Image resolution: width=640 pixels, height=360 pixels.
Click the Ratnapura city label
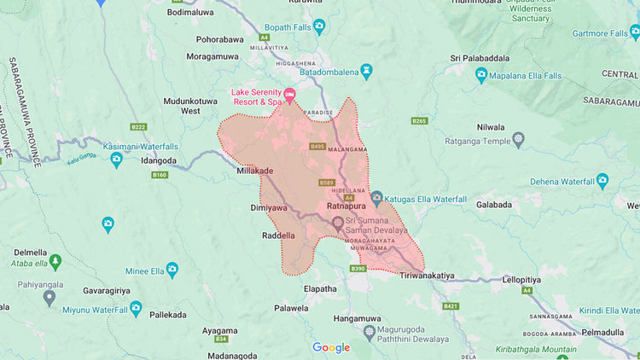(x=346, y=206)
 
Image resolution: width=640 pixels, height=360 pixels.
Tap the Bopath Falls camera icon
(x=319, y=27)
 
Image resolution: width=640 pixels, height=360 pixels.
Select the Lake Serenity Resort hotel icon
(x=289, y=95)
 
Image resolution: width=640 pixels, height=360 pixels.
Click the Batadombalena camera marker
(x=366, y=72)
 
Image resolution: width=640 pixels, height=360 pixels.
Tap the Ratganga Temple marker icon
(x=519, y=138)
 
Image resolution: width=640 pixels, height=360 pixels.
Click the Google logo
(x=331, y=347)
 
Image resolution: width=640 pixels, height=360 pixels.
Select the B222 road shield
(x=138, y=127)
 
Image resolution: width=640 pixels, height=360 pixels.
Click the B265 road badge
(x=419, y=121)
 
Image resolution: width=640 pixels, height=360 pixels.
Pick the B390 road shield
(x=358, y=269)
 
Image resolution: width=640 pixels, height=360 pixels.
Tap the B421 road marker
(x=451, y=306)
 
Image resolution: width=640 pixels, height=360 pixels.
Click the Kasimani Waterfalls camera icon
(x=116, y=160)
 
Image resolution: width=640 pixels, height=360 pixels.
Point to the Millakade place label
(x=254, y=171)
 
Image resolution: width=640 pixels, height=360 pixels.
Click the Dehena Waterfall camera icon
(x=602, y=181)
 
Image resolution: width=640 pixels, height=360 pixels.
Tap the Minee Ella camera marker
(x=172, y=270)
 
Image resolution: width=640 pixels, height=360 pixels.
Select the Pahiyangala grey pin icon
(x=49, y=297)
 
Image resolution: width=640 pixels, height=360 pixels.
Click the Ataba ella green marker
(x=55, y=261)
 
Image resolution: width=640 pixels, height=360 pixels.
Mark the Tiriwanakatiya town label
(x=432, y=276)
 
